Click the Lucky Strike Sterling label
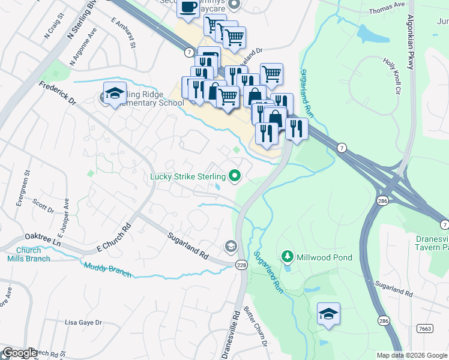187,176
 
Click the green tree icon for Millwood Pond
288,257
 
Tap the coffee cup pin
188,7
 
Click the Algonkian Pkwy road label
411,42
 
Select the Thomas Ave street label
388,8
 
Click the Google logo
20,353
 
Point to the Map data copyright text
412,355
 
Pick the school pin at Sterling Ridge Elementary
115,94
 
